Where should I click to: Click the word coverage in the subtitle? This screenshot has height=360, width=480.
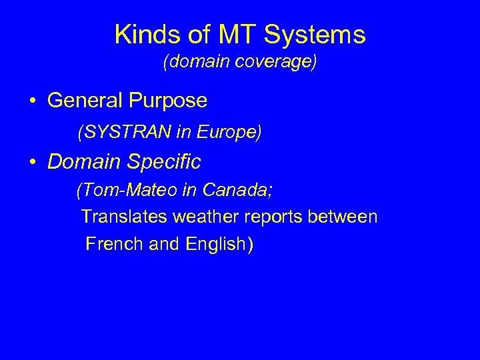coord(277,63)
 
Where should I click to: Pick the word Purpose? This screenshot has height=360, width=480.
coord(170,101)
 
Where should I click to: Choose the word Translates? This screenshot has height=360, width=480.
coord(125,217)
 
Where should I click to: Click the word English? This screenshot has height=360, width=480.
coord(215,245)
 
